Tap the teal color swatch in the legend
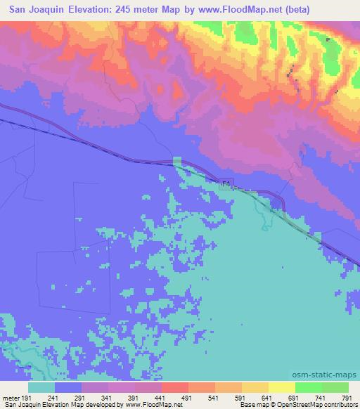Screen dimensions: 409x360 coord(42,387)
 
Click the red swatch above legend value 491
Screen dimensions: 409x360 coord(175,387)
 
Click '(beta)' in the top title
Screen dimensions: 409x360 coord(295,9)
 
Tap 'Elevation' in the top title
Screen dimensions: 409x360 coord(93,9)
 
